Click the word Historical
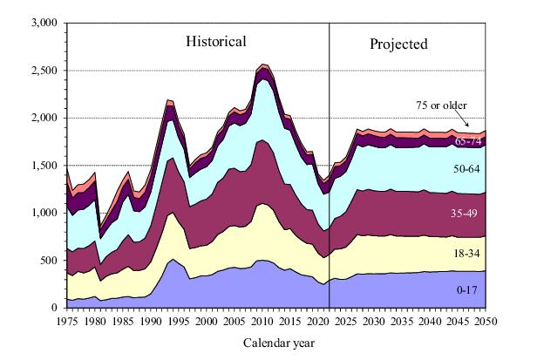tap(214, 41)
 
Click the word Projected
tap(398, 44)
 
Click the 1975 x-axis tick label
tap(67, 321)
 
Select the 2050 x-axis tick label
tap(486, 321)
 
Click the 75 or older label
tap(443, 105)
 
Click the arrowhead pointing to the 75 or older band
tap(472, 128)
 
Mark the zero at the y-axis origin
tap(53, 308)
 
